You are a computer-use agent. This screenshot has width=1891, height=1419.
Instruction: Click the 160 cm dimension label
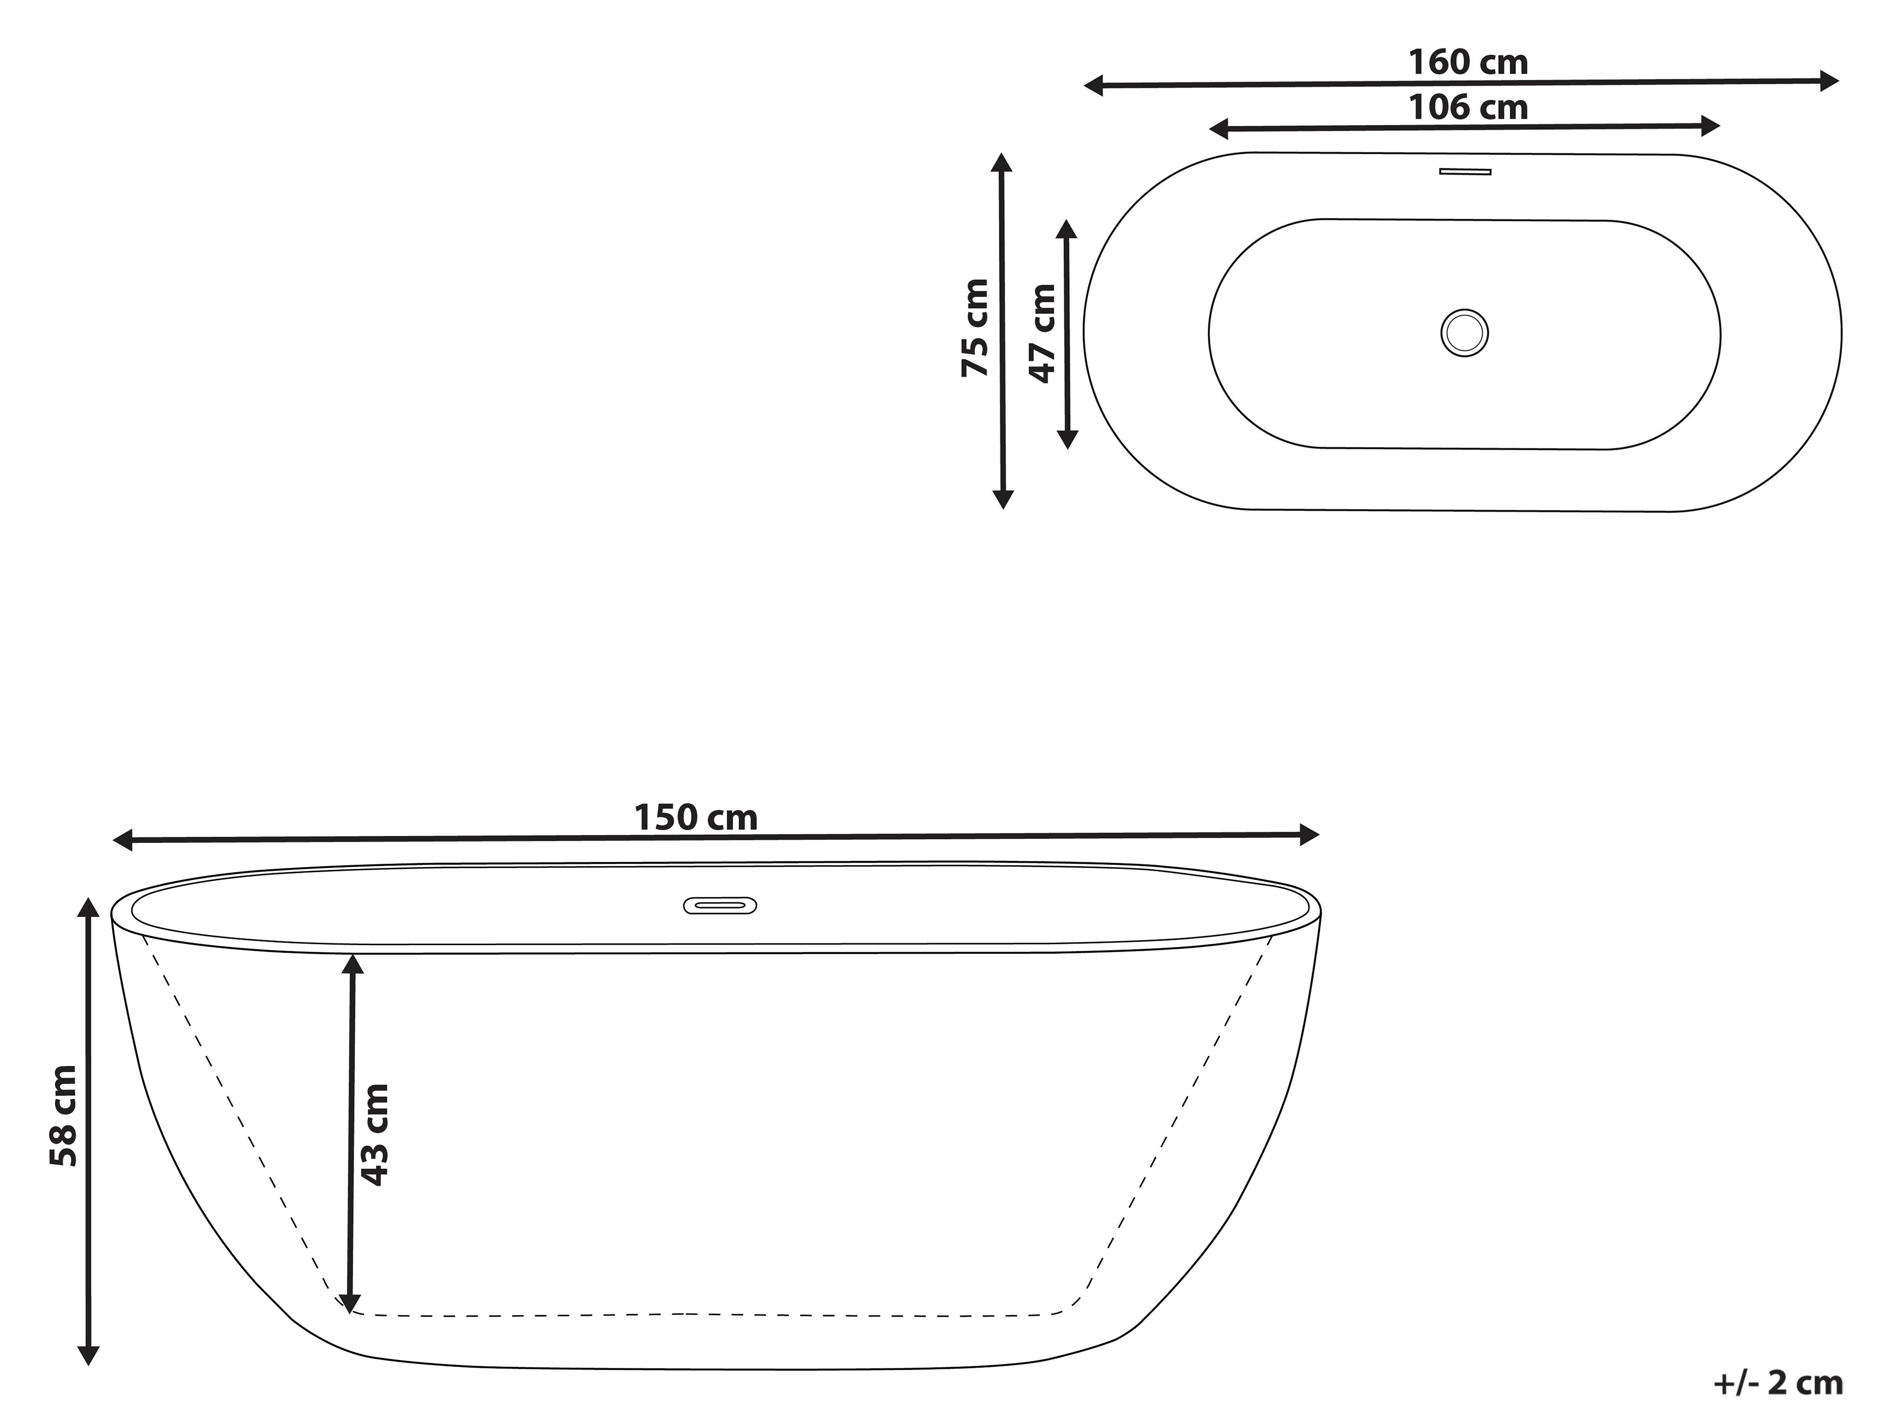tap(1468, 62)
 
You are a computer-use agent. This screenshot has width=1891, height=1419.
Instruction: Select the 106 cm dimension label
tap(1468, 108)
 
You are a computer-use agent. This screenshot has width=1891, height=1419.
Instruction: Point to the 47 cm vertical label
tap(1042, 333)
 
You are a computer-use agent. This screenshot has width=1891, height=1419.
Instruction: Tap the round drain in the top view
tap(1465, 333)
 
